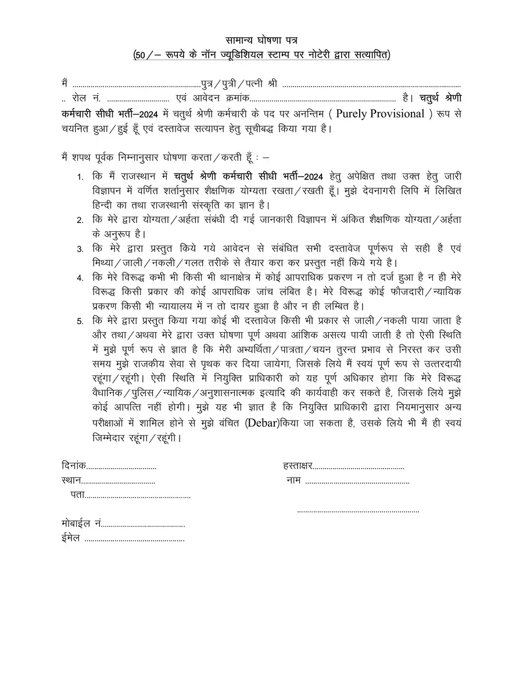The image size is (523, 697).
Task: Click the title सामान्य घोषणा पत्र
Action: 261,40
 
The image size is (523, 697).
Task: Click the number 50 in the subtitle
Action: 139,55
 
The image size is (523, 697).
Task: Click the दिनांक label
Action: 73,466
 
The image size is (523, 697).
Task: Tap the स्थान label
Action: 71,480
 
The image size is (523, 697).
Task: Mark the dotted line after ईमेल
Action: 134,541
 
